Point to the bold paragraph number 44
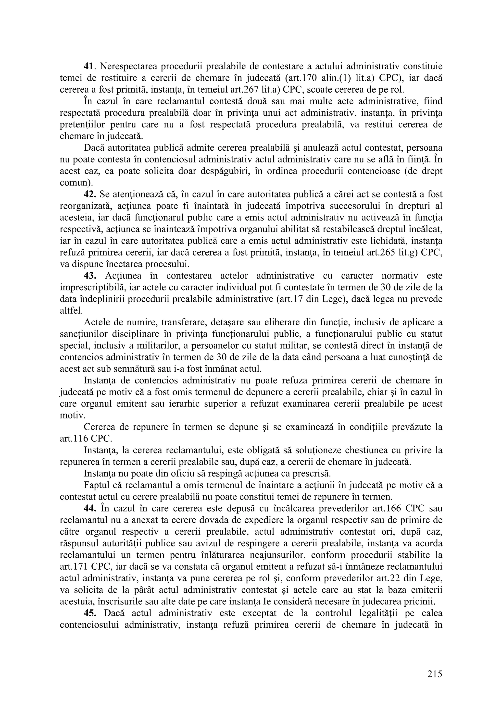click(90, 509)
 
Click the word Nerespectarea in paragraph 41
click(128, 66)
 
